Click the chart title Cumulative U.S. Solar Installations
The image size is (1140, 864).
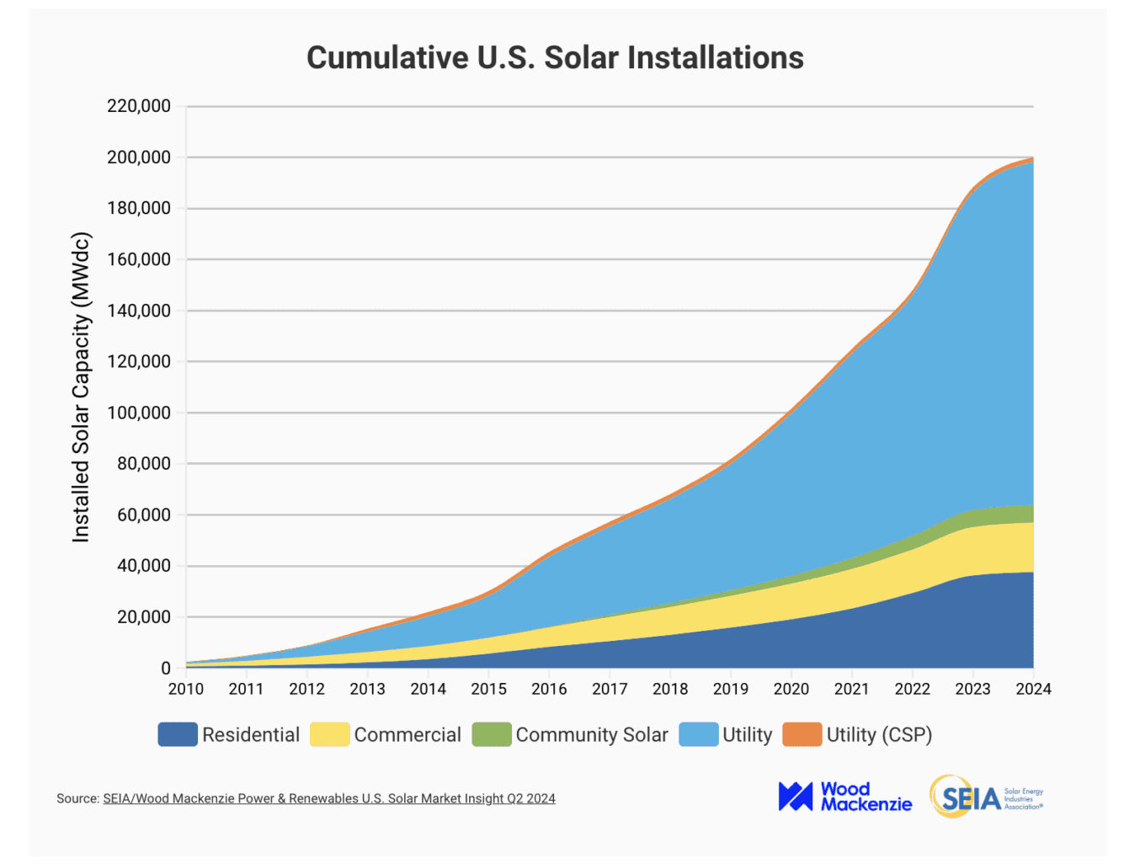[555, 58]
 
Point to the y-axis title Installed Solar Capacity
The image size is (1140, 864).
[81, 387]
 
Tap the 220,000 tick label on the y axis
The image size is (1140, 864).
[139, 106]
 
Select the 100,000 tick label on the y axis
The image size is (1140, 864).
[139, 413]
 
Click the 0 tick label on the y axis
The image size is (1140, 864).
[166, 668]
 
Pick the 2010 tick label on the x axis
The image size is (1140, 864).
[186, 689]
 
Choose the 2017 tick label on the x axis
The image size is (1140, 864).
[610, 689]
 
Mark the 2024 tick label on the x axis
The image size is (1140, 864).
[1033, 689]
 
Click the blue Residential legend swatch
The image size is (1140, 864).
[178, 734]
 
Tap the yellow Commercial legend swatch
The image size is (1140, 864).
[329, 734]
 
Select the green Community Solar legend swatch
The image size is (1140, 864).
[492, 734]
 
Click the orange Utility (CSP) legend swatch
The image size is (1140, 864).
[802, 734]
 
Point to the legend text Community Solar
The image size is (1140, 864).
[592, 735]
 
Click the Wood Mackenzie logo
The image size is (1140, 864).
[844, 797]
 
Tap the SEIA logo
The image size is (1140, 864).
[986, 797]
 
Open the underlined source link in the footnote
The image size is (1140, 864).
[329, 798]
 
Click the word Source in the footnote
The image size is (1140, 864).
[78, 798]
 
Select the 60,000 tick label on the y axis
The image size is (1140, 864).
[144, 515]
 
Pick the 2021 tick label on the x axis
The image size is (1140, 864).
[851, 689]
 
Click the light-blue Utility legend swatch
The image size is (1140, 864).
[699, 734]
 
